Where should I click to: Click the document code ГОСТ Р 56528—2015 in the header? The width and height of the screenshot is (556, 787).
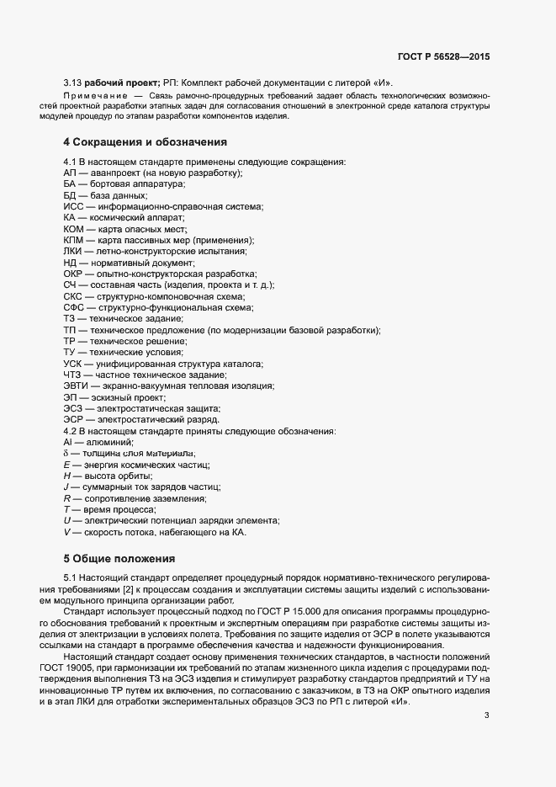point(443,56)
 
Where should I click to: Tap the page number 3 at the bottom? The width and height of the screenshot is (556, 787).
point(486,668)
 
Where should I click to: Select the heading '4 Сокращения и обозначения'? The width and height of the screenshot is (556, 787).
point(145,141)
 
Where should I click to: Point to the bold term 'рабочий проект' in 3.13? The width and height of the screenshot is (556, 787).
point(116,83)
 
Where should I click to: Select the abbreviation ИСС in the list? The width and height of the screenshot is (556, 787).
point(73,206)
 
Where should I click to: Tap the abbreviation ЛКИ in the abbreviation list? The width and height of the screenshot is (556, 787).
point(73,251)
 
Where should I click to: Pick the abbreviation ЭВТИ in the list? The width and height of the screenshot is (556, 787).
point(77,386)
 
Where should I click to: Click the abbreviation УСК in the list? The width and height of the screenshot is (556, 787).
point(74,363)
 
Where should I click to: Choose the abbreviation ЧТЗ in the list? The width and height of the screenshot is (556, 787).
point(73,375)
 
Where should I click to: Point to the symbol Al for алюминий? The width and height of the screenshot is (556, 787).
point(68,442)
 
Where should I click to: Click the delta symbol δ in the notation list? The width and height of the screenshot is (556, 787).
point(66,454)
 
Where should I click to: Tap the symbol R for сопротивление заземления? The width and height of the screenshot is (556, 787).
point(66,498)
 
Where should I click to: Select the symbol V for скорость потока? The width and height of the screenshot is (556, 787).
point(66,532)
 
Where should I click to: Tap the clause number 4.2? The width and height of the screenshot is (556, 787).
point(71,430)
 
